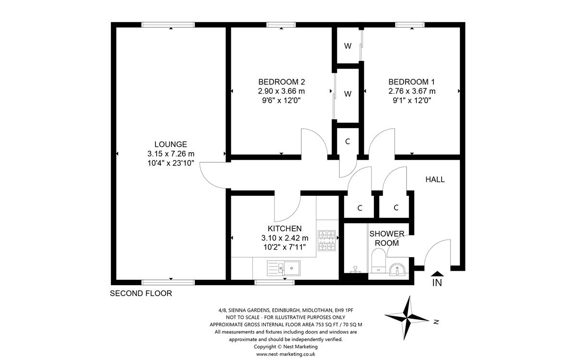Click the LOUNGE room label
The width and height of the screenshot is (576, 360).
click(170, 144)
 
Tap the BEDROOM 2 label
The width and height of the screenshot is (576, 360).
click(281, 82)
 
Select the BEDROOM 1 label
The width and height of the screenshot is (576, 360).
click(412, 82)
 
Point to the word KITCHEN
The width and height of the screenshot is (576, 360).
click(285, 228)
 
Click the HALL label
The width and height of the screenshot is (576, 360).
click(435, 180)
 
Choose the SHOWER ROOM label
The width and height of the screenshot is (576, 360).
click(386, 238)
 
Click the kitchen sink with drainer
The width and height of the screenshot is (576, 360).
click(284, 267)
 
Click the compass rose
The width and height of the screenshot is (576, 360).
click(408, 317)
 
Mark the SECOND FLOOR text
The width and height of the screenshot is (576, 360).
click(141, 293)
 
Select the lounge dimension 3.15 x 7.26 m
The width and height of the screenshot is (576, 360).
click(170, 154)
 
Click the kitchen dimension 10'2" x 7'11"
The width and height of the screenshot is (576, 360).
click(285, 247)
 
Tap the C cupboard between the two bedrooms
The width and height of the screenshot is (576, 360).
click(348, 142)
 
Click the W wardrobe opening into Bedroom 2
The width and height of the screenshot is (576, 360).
click(348, 94)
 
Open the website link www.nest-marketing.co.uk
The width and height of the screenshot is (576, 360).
click(286, 354)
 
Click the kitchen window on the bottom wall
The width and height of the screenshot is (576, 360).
click(268, 282)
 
